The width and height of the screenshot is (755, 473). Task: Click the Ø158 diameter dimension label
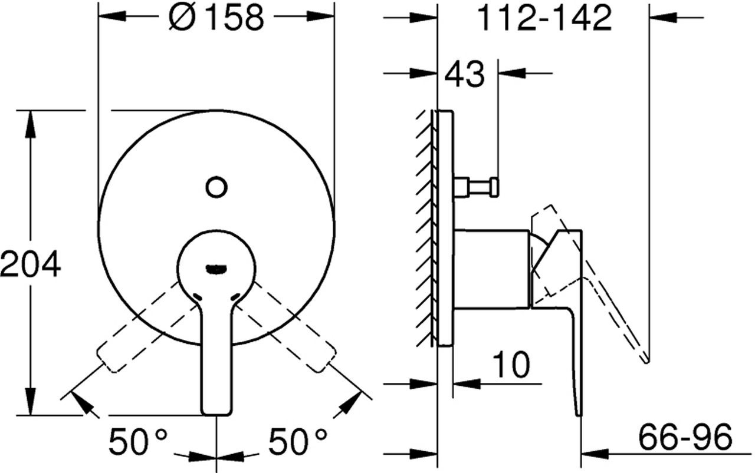tap(216, 18)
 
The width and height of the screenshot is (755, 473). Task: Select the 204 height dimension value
tap(30, 264)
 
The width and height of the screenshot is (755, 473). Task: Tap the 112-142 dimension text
tap(544, 18)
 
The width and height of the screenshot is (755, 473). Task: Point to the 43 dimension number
tap(464, 74)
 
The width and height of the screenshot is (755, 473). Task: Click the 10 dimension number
tap(511, 365)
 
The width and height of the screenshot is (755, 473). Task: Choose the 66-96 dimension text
tap(685, 437)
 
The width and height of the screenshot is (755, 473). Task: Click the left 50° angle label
tap(137, 441)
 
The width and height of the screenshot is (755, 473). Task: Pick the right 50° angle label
tap(298, 441)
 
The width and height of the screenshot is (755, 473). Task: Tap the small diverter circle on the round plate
tap(216, 187)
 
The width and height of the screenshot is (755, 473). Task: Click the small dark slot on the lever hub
tap(216, 269)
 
